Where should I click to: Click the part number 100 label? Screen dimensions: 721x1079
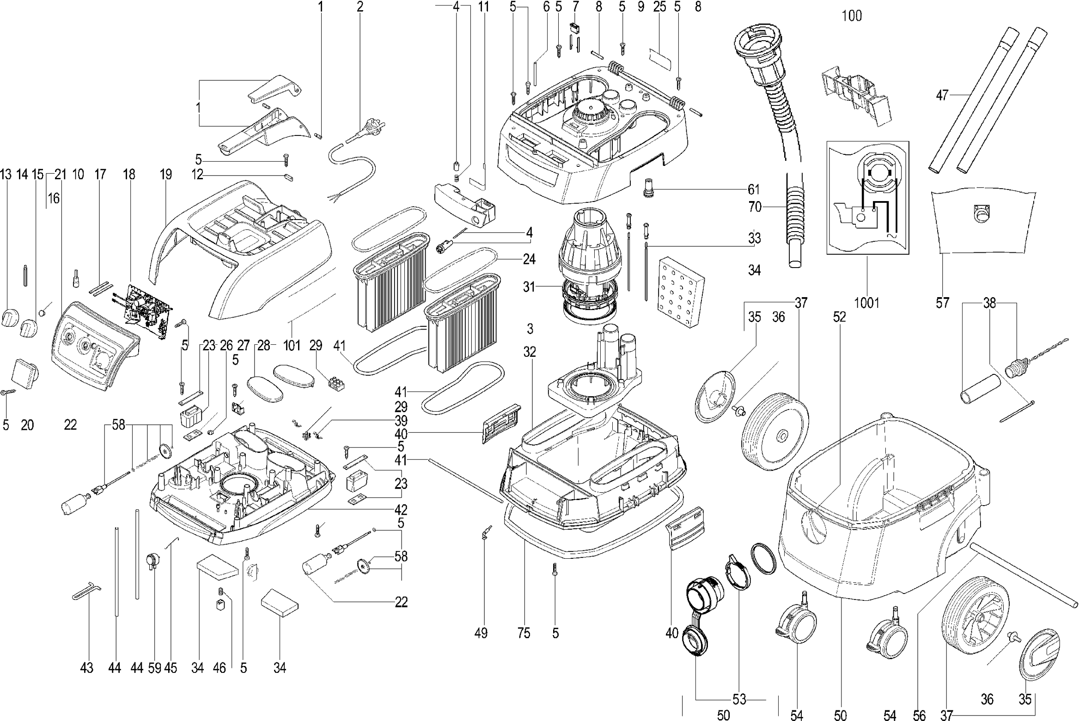pyautogui.click(x=852, y=16)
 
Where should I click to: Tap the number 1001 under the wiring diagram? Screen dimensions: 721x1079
pyautogui.click(x=866, y=303)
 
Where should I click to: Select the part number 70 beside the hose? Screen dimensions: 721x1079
pyautogui.click(x=755, y=207)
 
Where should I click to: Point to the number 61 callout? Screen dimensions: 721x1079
pyautogui.click(x=754, y=189)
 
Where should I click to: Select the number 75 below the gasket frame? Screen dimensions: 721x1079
pyautogui.click(x=524, y=633)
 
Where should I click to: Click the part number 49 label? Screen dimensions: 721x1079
pyautogui.click(x=481, y=633)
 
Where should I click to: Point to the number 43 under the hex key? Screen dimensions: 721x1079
pyautogui.click(x=87, y=668)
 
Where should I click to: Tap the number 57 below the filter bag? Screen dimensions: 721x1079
pyautogui.click(x=942, y=303)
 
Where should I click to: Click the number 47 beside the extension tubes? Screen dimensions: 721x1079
pyautogui.click(x=942, y=96)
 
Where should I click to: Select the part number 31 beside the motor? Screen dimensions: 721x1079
pyautogui.click(x=529, y=287)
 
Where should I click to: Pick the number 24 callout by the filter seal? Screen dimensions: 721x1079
pyautogui.click(x=529, y=259)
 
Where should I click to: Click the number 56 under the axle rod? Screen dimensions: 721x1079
pyautogui.click(x=919, y=716)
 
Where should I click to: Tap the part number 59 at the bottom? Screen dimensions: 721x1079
pyautogui.click(x=155, y=668)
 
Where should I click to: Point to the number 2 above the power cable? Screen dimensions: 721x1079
pyautogui.click(x=360, y=7)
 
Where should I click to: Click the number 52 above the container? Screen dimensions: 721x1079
pyautogui.click(x=839, y=317)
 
